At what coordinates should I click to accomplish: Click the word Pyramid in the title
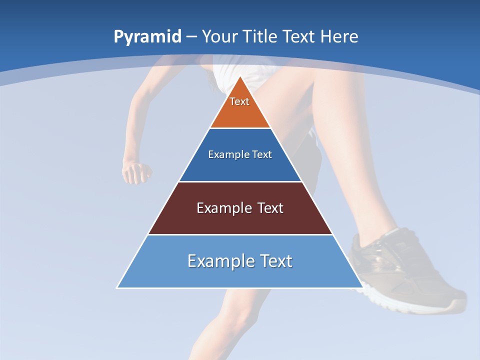click(147, 36)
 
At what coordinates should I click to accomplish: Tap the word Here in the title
click(339, 36)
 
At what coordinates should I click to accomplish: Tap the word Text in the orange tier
click(239, 101)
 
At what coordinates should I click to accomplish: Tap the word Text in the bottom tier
click(274, 261)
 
